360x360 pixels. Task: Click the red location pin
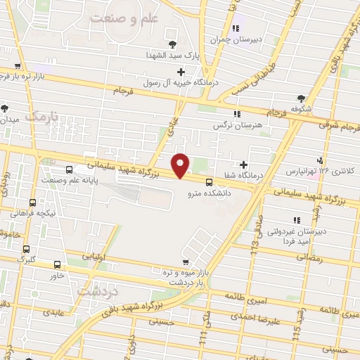pyautogui.click(x=181, y=165)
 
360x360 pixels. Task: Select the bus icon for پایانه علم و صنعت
pyautogui.click(x=69, y=170)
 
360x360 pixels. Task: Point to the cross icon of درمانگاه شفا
pyautogui.click(x=243, y=164)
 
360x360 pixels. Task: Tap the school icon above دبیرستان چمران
pyautogui.click(x=236, y=29)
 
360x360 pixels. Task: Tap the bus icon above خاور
pyautogui.click(x=58, y=265)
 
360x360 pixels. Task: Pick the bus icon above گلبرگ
pyautogui.click(x=26, y=249)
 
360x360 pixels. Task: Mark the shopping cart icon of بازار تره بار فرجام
pyautogui.click(x=7, y=48)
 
